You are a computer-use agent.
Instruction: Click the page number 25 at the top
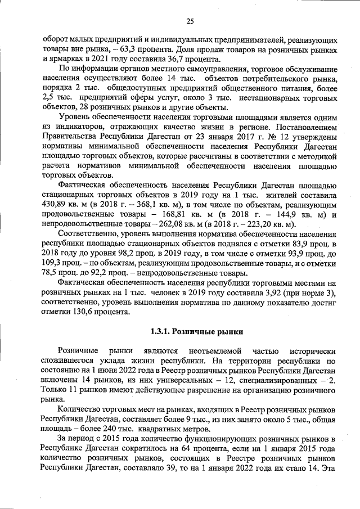coord(190,21)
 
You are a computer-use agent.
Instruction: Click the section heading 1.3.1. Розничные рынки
coord(190,331)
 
